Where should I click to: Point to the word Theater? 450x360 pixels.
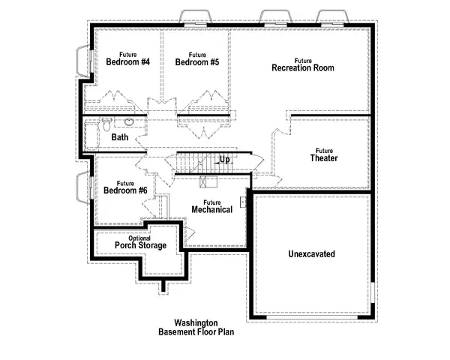(x=324, y=158)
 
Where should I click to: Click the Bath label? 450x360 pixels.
(x=120, y=137)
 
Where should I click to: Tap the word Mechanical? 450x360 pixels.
(x=211, y=209)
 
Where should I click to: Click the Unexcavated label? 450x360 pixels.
(x=311, y=254)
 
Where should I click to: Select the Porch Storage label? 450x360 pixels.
(x=140, y=245)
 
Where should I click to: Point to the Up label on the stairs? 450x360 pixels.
(x=225, y=159)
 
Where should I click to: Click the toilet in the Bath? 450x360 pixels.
(x=106, y=123)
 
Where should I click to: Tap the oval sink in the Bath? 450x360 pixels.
(x=129, y=121)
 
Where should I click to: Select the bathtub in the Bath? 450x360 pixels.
(x=92, y=137)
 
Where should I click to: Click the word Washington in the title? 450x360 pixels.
(x=196, y=321)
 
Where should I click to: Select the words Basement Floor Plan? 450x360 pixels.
(x=196, y=331)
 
